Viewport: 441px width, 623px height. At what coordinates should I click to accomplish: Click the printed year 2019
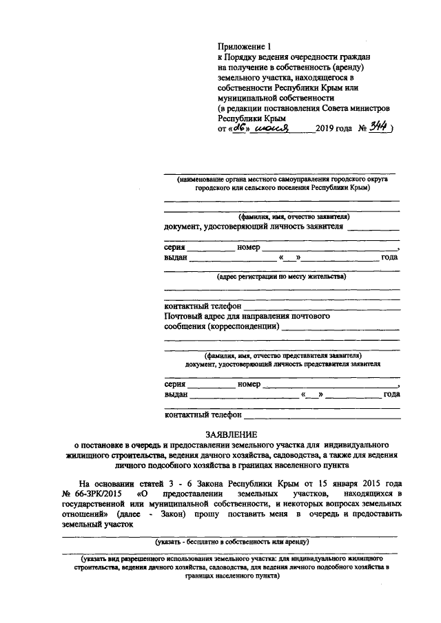326,128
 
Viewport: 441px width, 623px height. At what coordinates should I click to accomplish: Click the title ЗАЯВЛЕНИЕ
231,434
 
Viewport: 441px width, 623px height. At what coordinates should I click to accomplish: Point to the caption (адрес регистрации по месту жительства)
282,276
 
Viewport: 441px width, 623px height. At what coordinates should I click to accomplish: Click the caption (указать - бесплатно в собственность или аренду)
231,542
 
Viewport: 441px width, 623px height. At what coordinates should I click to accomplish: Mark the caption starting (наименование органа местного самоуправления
282,178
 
